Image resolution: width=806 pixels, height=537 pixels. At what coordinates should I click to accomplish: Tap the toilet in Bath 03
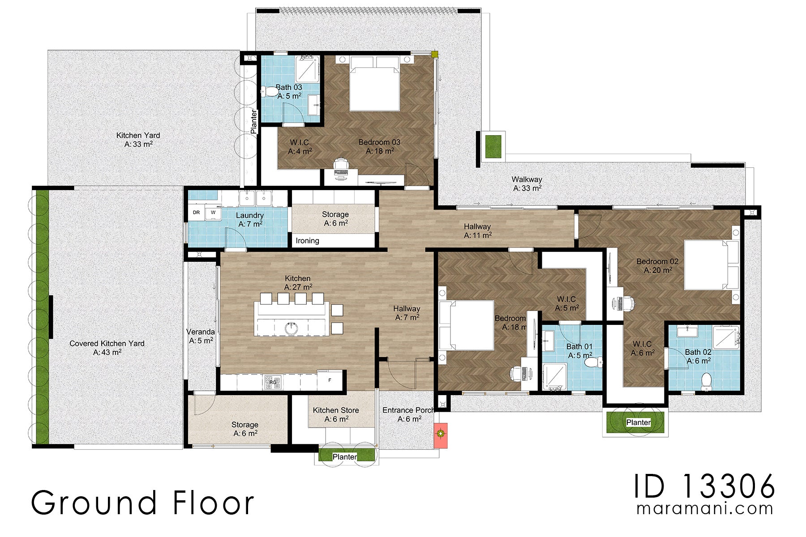[x=270, y=92]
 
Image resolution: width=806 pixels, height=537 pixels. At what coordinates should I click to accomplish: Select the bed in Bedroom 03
[x=374, y=85]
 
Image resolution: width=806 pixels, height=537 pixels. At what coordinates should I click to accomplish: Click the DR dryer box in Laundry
[x=196, y=213]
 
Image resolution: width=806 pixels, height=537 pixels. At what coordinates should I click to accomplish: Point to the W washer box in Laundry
[x=213, y=213]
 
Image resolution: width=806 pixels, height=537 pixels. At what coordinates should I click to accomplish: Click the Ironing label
[x=307, y=241]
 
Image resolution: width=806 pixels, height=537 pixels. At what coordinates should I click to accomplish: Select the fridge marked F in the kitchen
[x=330, y=380]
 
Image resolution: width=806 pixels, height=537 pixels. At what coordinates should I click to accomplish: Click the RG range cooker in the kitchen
[x=273, y=382]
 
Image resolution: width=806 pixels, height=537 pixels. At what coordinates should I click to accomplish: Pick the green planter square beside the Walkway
[x=492, y=146]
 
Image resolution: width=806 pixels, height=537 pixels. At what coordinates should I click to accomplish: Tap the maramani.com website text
[x=705, y=509]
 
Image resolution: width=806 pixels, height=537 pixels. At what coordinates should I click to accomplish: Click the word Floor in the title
[x=213, y=503]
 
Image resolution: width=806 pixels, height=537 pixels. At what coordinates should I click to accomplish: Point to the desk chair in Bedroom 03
[x=341, y=164]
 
